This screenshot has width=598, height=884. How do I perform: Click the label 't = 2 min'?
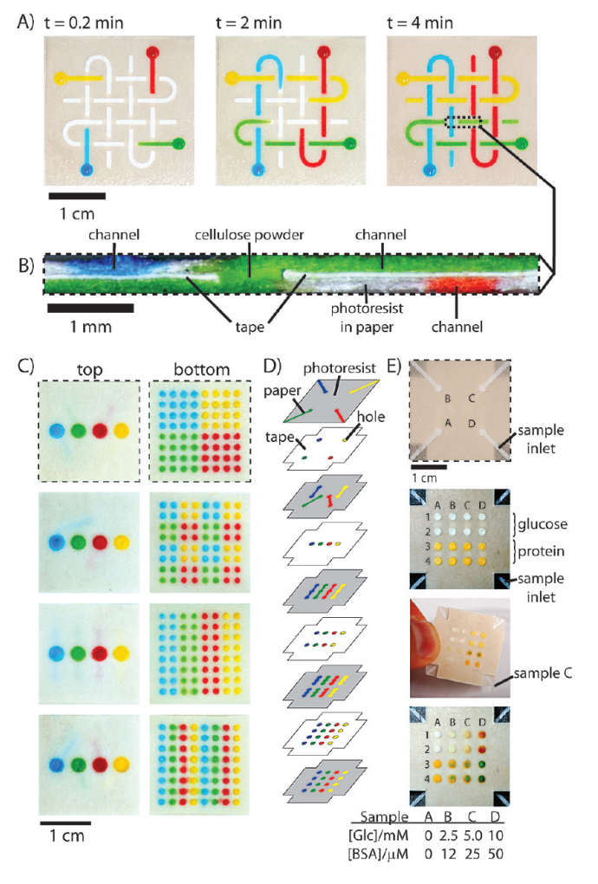[x=249, y=23]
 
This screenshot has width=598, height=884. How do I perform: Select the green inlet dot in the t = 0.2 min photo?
[x=179, y=143]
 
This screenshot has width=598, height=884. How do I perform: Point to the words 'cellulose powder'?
[x=249, y=235]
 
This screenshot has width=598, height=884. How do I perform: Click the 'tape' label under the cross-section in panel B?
[x=250, y=327]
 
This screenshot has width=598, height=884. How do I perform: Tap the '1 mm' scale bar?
[x=90, y=308]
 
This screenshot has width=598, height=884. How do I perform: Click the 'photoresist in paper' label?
[x=367, y=317]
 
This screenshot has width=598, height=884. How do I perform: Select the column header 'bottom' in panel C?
[x=201, y=369]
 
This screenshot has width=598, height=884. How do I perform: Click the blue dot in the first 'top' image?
[x=57, y=432]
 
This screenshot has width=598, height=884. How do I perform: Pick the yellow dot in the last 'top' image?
[x=121, y=765]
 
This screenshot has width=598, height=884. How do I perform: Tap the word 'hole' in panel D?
[x=371, y=417]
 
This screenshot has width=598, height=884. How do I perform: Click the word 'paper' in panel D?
[x=283, y=391]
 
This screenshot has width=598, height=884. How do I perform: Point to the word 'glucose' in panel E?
[x=543, y=523]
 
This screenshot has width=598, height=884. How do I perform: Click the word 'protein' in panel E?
[x=541, y=551]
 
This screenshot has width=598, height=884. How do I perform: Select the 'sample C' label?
[x=543, y=673]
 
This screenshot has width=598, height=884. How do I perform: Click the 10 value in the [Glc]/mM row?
[x=496, y=835]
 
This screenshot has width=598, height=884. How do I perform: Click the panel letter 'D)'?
[x=273, y=367]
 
